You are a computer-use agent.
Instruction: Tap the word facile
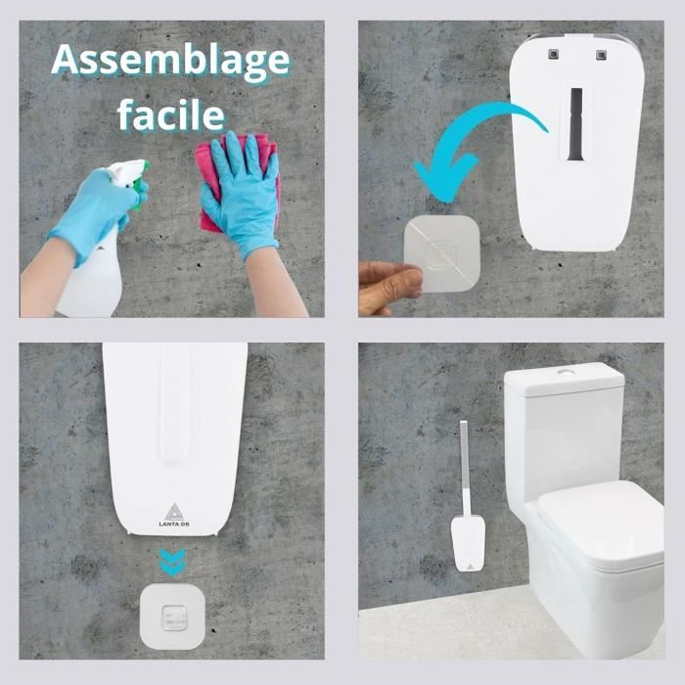point(171,115)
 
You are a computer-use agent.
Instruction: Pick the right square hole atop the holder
point(596,51)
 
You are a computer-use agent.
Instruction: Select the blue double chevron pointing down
point(174,563)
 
